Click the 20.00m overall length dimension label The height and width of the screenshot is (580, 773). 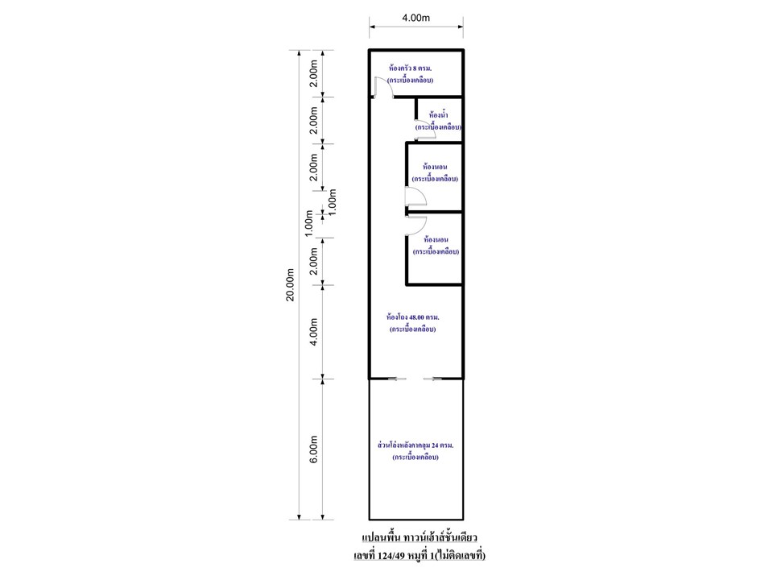pos(291,284)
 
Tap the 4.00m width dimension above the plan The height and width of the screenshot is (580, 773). pos(416,18)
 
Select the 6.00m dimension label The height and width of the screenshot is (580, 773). pos(313,449)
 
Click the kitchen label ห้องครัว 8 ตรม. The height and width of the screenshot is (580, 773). pos(410,68)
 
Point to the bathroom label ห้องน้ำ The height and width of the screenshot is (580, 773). pos(439,115)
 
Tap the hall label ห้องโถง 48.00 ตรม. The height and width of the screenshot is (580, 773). pos(412,317)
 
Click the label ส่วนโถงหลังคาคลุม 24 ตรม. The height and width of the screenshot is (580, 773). pos(415,445)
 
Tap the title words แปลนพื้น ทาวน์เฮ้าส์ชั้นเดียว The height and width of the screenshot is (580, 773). pos(420,537)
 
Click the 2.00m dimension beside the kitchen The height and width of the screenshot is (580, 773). pos(313,73)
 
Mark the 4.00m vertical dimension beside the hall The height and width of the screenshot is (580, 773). pos(313,332)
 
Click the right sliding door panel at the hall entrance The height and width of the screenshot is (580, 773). pos(433,379)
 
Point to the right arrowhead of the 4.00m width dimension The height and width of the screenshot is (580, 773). pos(461,27)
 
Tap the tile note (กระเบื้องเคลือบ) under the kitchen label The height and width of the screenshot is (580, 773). pos(410,80)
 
